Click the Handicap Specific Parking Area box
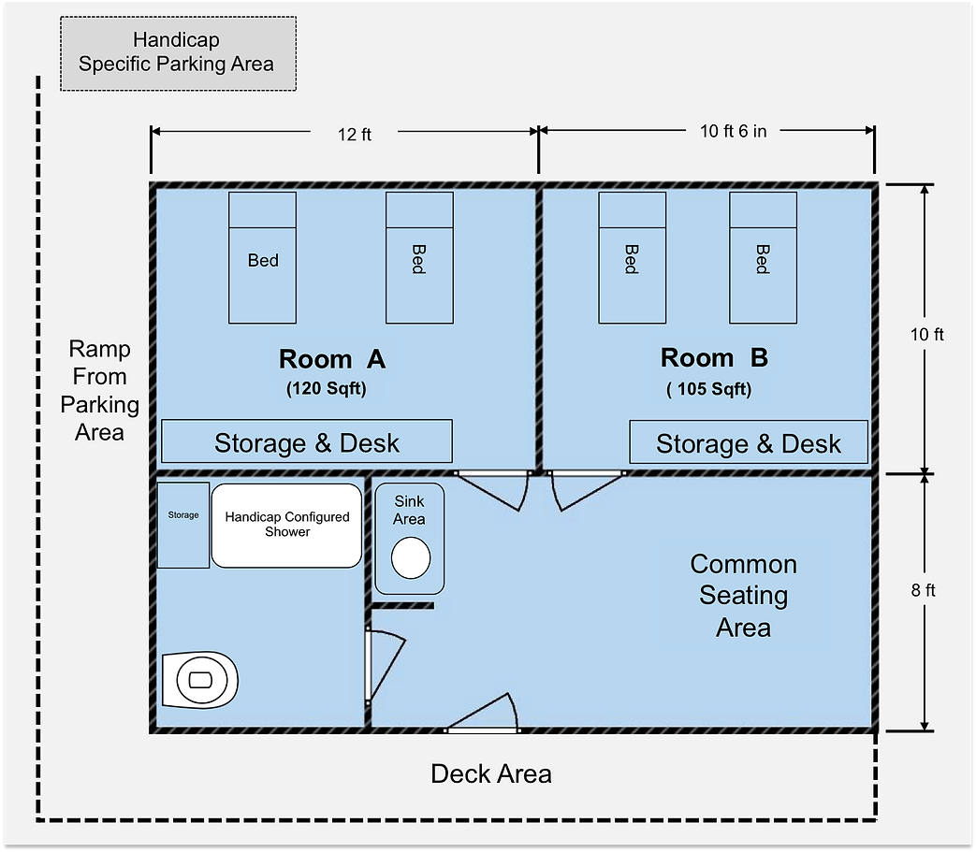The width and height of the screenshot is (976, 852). [178, 53]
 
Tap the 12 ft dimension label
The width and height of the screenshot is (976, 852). [355, 135]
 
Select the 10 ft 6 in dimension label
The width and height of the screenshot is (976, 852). [733, 132]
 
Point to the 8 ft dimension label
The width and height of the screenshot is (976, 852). [922, 590]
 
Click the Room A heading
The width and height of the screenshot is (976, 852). [332, 359]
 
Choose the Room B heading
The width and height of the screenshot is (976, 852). [714, 358]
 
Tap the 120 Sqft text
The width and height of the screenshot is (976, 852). [326, 389]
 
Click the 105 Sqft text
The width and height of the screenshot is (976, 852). [708, 389]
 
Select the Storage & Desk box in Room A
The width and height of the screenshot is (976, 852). [307, 442]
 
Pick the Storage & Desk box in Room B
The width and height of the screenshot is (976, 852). [749, 443]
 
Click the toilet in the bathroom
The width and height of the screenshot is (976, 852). [199, 680]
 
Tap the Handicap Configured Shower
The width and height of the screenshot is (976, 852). [286, 525]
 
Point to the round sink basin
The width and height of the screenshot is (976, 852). [410, 558]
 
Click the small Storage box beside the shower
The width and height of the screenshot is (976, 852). [183, 525]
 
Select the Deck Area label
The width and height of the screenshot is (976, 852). [491, 774]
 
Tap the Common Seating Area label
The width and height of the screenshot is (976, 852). [744, 596]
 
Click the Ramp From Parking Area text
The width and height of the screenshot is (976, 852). [99, 391]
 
